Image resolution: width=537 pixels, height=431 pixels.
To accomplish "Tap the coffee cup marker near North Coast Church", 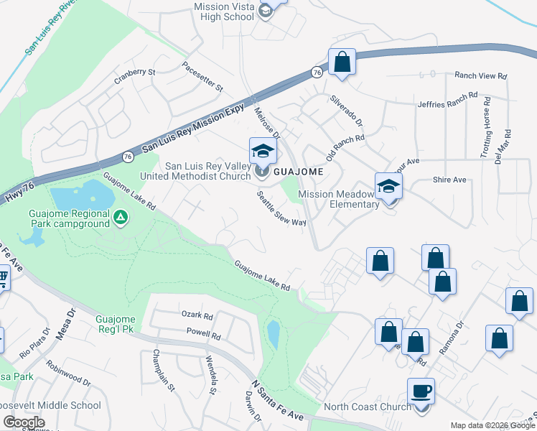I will [421, 391].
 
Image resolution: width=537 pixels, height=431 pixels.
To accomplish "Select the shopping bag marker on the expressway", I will [342, 62].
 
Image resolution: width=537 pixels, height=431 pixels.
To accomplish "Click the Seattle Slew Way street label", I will [282, 208].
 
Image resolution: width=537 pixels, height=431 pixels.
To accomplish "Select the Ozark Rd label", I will [197, 315].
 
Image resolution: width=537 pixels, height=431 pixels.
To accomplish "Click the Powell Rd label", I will [203, 334].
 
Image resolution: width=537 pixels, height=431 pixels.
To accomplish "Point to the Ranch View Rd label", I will [481, 75].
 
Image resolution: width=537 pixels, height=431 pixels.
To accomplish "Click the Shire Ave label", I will [449, 180].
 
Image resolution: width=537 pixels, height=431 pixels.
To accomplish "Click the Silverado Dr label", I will [346, 111].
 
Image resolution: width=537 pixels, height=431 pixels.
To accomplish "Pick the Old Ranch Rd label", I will [345, 147].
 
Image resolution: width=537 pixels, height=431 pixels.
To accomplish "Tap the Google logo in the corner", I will [23, 422].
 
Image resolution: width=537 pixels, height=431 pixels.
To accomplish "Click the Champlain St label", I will [163, 371].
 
